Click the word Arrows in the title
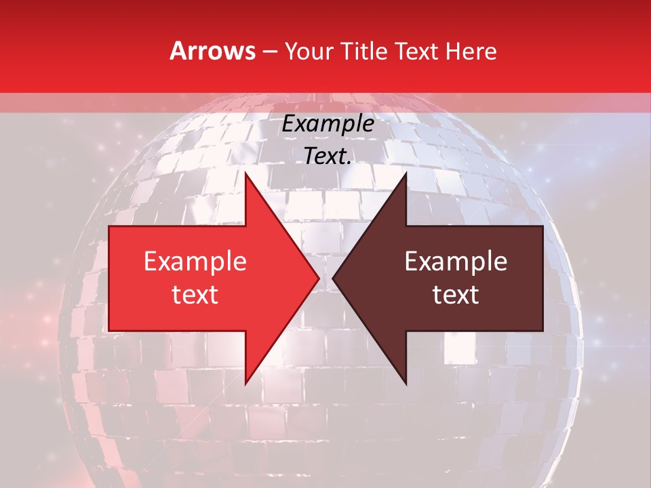pos(212,51)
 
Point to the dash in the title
pos(270,52)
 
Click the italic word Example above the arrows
pos(328,124)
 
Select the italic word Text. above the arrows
pos(328,156)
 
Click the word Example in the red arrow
pos(195,261)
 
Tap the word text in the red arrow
pos(195,294)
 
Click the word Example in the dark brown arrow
pos(456,261)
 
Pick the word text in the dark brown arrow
pos(456,294)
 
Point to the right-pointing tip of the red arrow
pos(319,278)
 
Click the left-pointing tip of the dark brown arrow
pos(333,278)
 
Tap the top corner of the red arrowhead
pos(245,174)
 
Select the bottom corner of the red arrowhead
pos(245,383)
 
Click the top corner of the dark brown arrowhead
pos(406,174)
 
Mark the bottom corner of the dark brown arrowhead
pos(406,383)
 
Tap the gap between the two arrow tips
pos(326,278)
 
